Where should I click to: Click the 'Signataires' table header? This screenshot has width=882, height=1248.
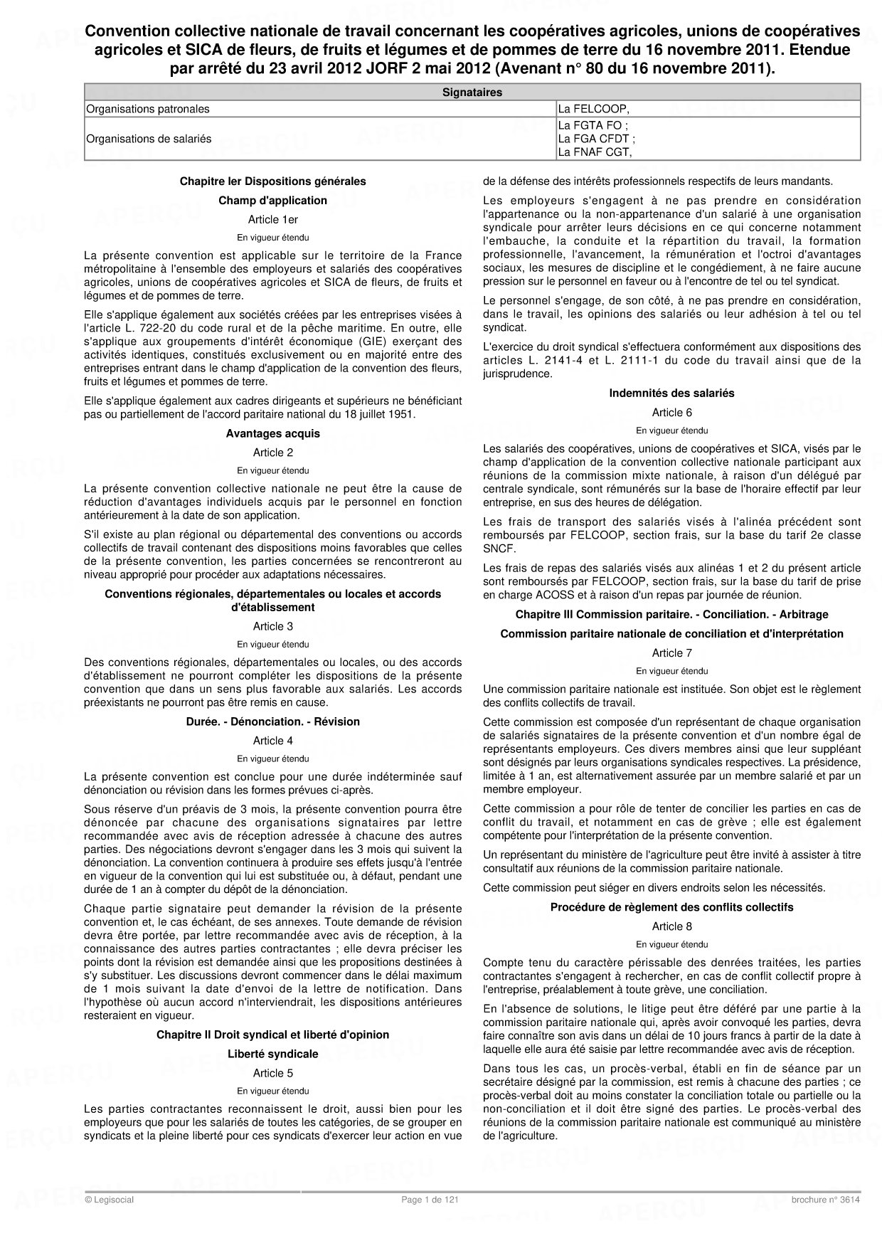coord(472,92)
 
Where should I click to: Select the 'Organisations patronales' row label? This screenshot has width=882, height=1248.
coord(148,109)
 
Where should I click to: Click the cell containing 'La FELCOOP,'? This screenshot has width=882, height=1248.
coord(594,109)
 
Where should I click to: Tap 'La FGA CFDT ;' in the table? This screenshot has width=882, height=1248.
coord(596,139)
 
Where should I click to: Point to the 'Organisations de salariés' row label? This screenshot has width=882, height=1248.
coord(149,139)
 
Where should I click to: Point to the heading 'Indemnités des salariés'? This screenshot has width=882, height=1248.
coord(671,393)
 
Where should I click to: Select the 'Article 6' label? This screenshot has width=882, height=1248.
coord(671,412)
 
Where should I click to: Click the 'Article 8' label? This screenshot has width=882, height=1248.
coord(671,926)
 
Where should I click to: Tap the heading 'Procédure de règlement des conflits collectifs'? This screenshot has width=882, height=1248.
coord(671,907)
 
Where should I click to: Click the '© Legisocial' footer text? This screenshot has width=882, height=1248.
coord(109,1200)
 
